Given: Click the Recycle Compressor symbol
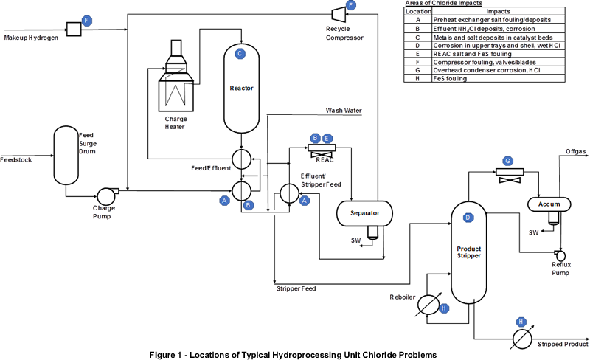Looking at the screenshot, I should (335, 14).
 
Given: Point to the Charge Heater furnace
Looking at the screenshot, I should (177, 81).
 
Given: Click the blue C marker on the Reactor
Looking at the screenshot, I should (239, 54).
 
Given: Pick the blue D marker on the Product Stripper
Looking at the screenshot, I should (467, 217).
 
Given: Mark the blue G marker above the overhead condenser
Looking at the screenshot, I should (507, 161).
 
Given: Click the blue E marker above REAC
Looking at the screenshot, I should (327, 138).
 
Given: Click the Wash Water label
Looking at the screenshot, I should (344, 111).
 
